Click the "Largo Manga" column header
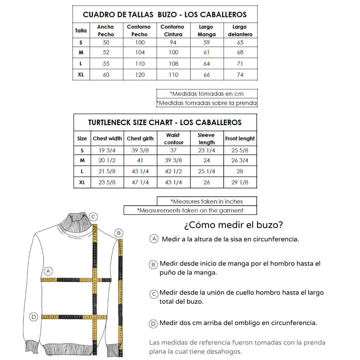207,30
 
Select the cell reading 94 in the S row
173,42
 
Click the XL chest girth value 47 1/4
140,182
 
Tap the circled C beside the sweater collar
94,217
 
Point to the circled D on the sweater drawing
33,317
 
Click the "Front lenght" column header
240,139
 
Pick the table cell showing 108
173,64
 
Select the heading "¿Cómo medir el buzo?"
233,225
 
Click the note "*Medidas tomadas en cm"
207,94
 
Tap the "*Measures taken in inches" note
207,201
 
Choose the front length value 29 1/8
240,182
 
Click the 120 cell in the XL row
140,75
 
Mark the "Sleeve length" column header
207,139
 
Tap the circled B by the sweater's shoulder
119,233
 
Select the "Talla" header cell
81,30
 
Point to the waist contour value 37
173,150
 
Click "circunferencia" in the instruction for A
276,239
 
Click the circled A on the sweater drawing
48,271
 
